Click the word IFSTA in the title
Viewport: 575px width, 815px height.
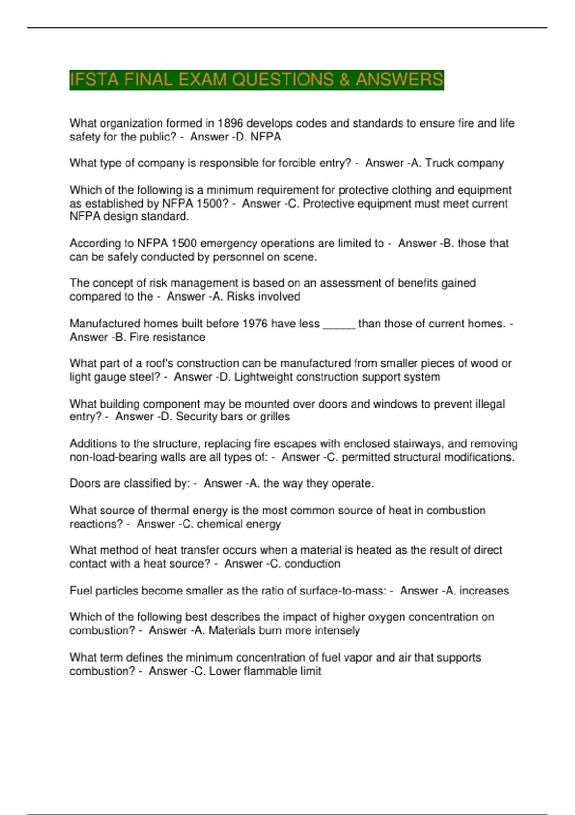(94, 80)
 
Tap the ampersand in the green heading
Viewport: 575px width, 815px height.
(344, 80)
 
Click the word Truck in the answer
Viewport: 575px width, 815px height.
(439, 163)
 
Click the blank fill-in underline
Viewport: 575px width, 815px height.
(339, 326)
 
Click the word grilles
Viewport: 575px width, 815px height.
(275, 417)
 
